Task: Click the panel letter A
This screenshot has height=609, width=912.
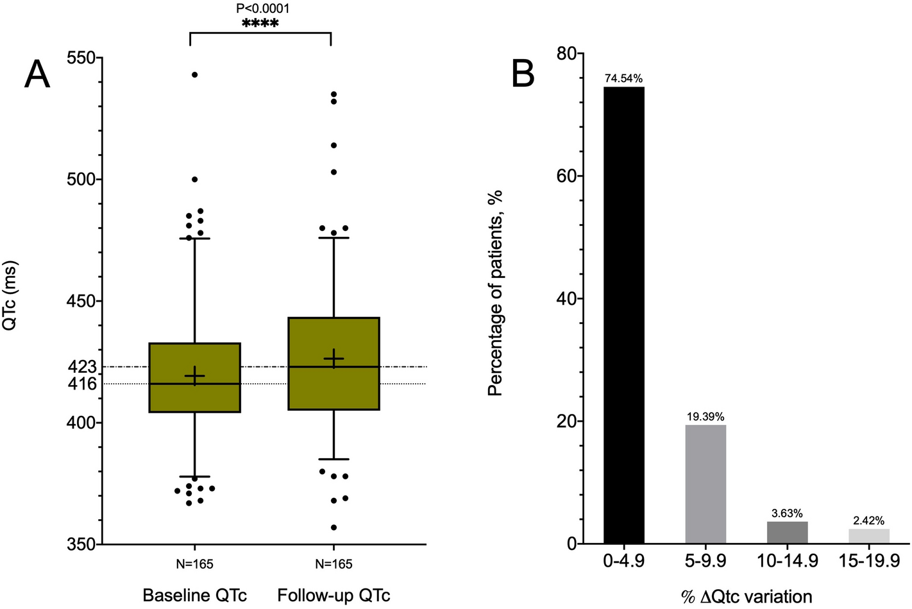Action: pyautogui.click(x=37, y=75)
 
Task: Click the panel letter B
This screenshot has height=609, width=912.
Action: pyautogui.click(x=523, y=75)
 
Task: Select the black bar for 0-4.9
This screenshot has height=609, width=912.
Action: pyautogui.click(x=623, y=314)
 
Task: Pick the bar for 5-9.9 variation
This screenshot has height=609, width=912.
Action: pyautogui.click(x=705, y=484)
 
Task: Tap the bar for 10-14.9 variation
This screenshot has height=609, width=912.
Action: pyautogui.click(x=787, y=532)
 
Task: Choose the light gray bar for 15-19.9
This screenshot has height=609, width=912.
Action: pyautogui.click(x=868, y=536)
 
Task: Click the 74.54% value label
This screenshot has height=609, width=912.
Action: pyautogui.click(x=623, y=79)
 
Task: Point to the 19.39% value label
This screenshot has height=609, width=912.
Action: pyautogui.click(x=705, y=417)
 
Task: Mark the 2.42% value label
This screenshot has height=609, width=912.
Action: pyautogui.click(x=868, y=520)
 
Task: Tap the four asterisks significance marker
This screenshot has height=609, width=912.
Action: pyautogui.click(x=260, y=24)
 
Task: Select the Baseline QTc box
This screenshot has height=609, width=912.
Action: pyautogui.click(x=194, y=377)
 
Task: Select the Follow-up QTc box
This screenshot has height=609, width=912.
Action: pyautogui.click(x=334, y=363)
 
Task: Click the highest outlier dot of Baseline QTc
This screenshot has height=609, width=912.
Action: pyautogui.click(x=194, y=74)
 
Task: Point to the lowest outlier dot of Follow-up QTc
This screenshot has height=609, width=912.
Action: pyautogui.click(x=334, y=528)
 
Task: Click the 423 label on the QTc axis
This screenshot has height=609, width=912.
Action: pyautogui.click(x=82, y=367)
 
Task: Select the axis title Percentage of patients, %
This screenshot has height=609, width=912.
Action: pyautogui.click(x=495, y=293)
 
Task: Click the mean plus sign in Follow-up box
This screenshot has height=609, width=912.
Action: pyautogui.click(x=334, y=358)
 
